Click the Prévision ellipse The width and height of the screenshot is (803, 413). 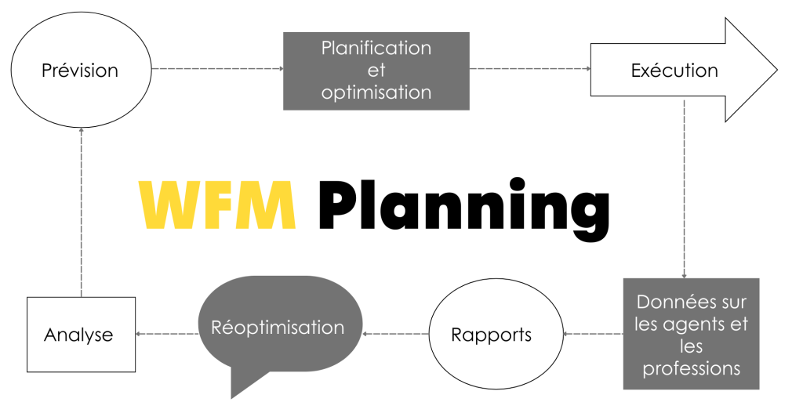coord(79,71)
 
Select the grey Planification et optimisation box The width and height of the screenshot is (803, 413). coord(376,71)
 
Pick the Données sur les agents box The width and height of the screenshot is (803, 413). coord(691,334)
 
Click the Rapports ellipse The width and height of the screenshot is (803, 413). coord(492,335)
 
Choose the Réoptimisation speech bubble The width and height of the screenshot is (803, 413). coord(278,326)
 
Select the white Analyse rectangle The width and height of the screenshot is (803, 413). coord(81,335)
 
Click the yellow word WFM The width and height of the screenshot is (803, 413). coord(217,206)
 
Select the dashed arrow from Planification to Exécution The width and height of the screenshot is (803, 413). coord(529,69)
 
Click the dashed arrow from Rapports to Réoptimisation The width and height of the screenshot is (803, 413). coord(396,334)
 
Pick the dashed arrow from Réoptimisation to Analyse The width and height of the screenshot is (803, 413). coord(167,334)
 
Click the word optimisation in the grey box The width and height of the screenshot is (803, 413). coord(376,92)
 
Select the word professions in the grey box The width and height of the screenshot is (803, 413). coord(691,368)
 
